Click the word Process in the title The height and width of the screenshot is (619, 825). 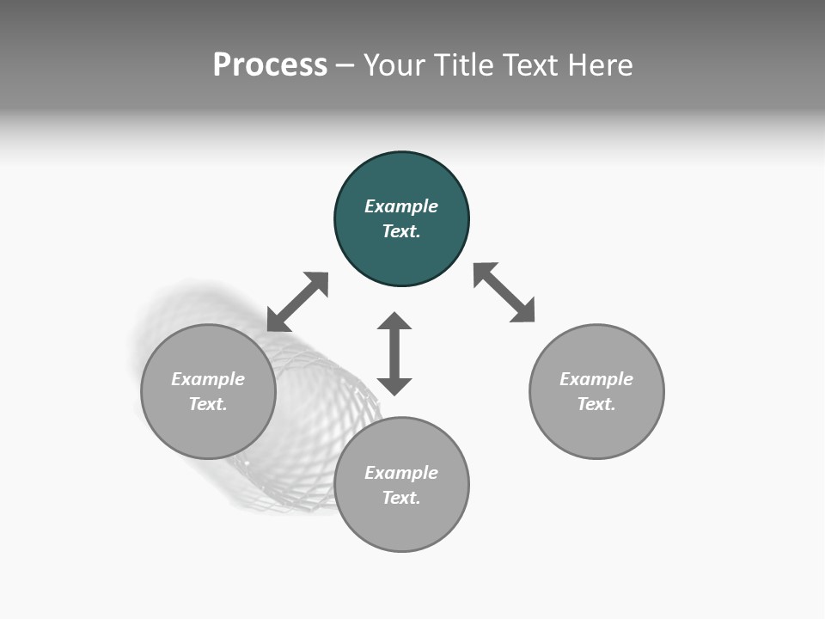pyautogui.click(x=270, y=65)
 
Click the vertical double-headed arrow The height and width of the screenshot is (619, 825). pyautogui.click(x=394, y=353)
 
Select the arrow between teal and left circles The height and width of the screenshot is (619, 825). pyautogui.click(x=297, y=302)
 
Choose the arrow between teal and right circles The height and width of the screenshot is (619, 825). pyautogui.click(x=504, y=292)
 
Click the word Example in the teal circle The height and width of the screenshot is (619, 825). pyautogui.click(x=401, y=206)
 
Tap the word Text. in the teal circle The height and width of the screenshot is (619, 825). pyautogui.click(x=401, y=231)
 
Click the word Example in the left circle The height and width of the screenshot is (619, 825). pyautogui.click(x=208, y=379)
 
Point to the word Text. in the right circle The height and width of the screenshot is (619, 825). pyautogui.click(x=596, y=404)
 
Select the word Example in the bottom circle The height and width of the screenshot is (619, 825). pyautogui.click(x=401, y=473)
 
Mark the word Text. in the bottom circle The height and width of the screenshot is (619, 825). pyautogui.click(x=401, y=498)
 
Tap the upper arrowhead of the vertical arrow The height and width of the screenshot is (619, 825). pyautogui.click(x=394, y=322)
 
